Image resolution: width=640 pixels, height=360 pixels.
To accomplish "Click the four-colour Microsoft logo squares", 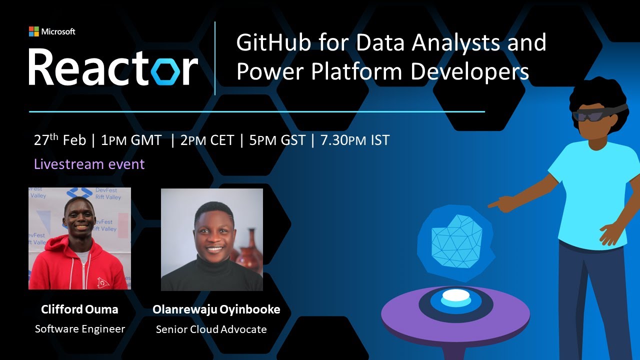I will tap(34, 31).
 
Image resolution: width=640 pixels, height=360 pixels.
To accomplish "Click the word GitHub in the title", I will tap(268, 43).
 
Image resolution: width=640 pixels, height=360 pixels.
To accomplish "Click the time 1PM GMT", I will tap(131, 140).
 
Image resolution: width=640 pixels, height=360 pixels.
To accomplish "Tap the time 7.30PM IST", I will tap(354, 140).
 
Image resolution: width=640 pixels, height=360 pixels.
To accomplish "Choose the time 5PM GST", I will tap(277, 140).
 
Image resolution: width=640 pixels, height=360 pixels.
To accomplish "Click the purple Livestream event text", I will tap(89, 164).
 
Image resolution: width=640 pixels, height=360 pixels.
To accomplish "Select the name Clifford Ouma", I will tap(79, 309).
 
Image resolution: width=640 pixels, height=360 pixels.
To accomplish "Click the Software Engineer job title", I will tap(79, 329).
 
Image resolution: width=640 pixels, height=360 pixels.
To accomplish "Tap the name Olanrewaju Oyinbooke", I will tap(216, 309).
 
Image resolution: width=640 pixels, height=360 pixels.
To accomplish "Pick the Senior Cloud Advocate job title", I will tap(211, 329).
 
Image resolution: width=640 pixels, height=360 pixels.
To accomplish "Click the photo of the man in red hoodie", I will tap(79, 238).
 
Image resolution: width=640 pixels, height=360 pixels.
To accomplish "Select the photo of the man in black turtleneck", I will tap(212, 239).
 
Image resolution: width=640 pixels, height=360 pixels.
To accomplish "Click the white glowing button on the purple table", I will tap(456, 295).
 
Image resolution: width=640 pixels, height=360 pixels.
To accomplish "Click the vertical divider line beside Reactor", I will tap(215, 58).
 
